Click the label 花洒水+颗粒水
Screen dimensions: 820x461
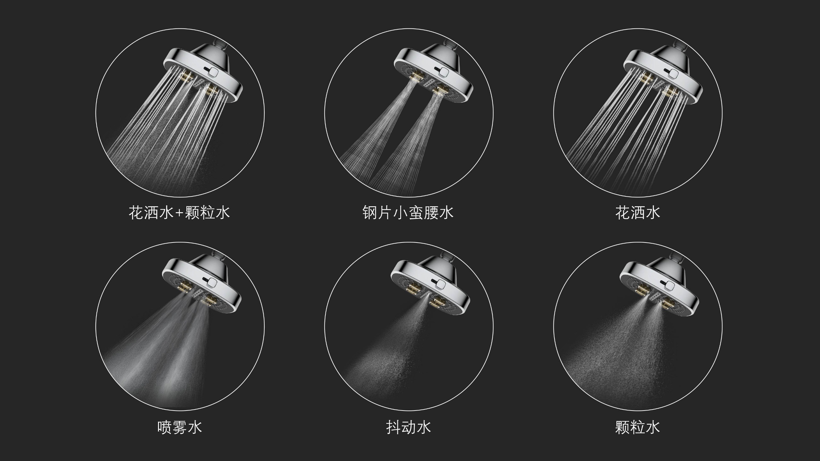[x=179, y=213]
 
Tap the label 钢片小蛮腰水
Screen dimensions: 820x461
[x=408, y=213]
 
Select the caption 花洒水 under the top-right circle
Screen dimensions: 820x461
[x=638, y=213]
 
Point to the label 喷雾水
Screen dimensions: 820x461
[x=179, y=427]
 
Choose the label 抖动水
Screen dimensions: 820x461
[x=408, y=427]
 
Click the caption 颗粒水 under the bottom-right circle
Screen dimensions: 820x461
[x=638, y=427]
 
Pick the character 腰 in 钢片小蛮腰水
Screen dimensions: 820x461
[x=431, y=213]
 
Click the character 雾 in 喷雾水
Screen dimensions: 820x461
[x=179, y=427]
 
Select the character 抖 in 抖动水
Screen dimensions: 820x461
[x=394, y=427]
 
